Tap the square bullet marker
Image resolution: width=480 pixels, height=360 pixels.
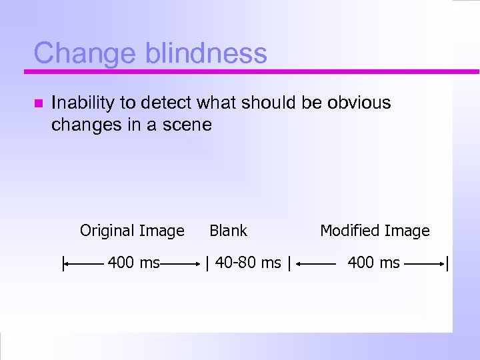(x=37, y=104)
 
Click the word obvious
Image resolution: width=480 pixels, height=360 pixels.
(x=359, y=103)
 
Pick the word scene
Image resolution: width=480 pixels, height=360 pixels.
(x=189, y=124)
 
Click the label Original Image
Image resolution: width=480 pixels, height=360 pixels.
(x=132, y=231)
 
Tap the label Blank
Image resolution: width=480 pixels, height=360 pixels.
(x=228, y=231)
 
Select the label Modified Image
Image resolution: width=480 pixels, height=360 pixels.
(x=375, y=231)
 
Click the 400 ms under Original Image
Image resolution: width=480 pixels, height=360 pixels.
(x=133, y=263)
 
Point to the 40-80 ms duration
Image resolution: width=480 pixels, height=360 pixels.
(x=247, y=263)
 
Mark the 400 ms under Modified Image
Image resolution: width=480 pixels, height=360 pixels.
(x=373, y=263)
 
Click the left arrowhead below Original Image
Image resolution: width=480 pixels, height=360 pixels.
(x=67, y=265)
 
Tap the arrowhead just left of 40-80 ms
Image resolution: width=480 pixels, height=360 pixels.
(x=199, y=265)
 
